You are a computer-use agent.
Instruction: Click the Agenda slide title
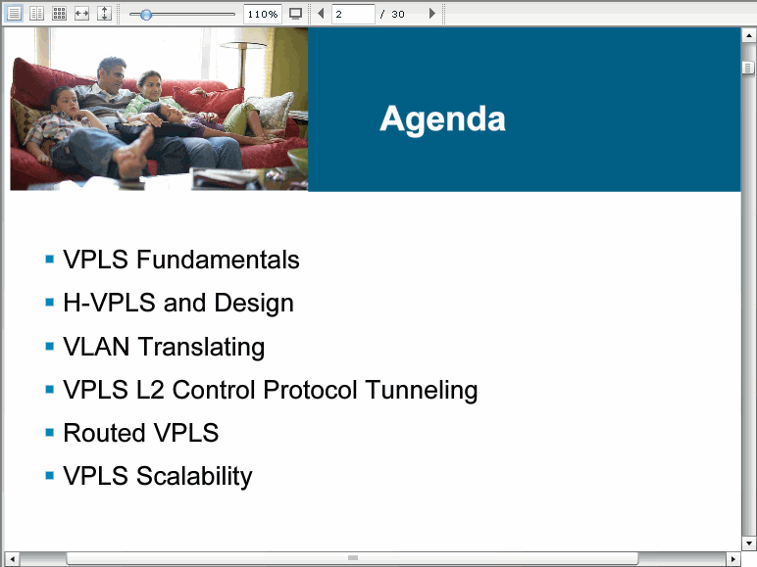442,119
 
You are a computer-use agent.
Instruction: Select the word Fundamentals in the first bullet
218,260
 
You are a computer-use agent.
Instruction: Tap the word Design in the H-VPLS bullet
254,304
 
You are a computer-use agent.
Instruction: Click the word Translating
201,347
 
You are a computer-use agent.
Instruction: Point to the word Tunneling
422,390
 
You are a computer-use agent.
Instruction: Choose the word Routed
104,433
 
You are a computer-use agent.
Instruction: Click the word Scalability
194,477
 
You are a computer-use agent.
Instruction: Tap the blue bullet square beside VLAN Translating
49,347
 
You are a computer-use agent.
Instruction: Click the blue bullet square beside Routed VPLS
49,432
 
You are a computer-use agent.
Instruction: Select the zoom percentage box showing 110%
263,14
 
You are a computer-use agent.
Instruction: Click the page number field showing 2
353,14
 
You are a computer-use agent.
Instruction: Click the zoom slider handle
146,15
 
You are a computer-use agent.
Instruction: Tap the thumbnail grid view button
59,14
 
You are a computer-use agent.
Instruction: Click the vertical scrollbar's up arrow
748,35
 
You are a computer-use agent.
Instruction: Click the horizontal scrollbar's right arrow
732,559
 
